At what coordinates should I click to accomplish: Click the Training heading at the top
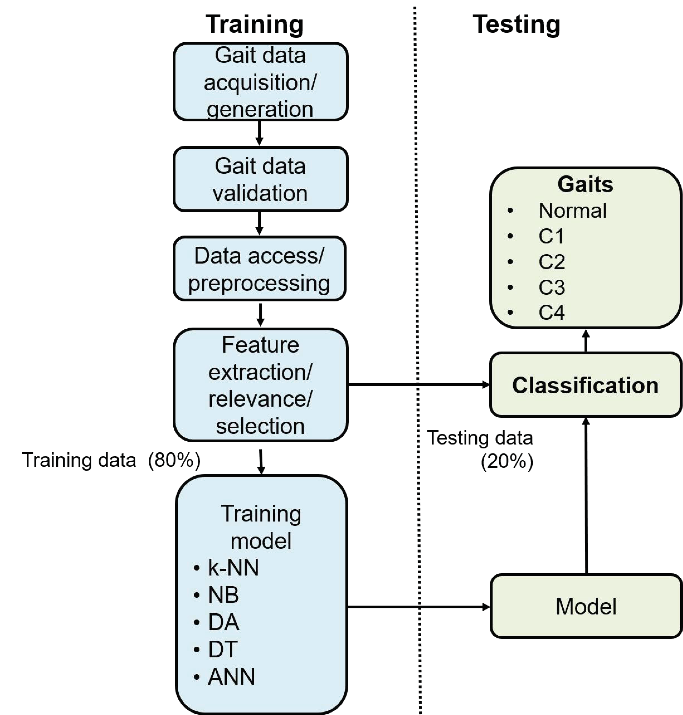(x=254, y=25)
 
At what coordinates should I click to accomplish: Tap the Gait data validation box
(x=260, y=179)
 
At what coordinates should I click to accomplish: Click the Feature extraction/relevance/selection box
(x=260, y=385)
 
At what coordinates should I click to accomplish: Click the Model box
(x=586, y=607)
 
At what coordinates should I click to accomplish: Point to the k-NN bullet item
(x=233, y=568)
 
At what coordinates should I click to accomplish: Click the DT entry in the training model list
(x=222, y=649)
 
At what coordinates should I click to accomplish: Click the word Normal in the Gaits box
(x=572, y=211)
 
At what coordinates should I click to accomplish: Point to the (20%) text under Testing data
(x=507, y=462)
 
